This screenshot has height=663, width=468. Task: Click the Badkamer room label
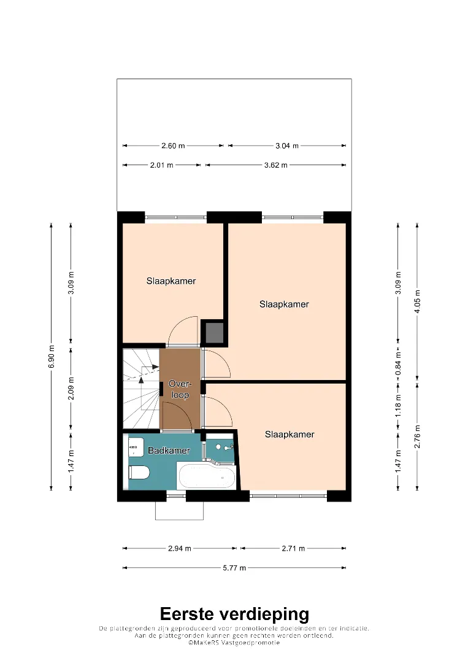(169, 451)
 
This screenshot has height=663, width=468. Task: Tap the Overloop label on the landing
(180, 389)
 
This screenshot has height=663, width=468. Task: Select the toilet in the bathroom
(139, 473)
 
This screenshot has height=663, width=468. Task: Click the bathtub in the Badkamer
(207, 476)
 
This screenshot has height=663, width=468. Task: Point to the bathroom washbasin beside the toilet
(136, 447)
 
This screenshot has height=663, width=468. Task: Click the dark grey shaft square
(214, 333)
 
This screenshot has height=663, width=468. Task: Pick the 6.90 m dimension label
(52, 357)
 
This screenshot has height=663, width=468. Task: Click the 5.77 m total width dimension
(234, 568)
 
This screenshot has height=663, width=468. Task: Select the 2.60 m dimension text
(173, 146)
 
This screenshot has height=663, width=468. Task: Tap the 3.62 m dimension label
(276, 165)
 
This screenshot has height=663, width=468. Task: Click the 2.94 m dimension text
(180, 548)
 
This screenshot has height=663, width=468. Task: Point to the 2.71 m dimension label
(293, 548)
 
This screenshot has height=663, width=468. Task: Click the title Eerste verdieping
(234, 614)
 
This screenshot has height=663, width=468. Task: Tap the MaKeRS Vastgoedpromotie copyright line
(234, 643)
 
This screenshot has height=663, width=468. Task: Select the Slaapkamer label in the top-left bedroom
(171, 281)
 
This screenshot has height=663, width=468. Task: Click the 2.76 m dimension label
(417, 436)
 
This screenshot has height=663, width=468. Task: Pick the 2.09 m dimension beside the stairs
(71, 388)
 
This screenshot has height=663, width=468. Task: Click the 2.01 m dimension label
(162, 165)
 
